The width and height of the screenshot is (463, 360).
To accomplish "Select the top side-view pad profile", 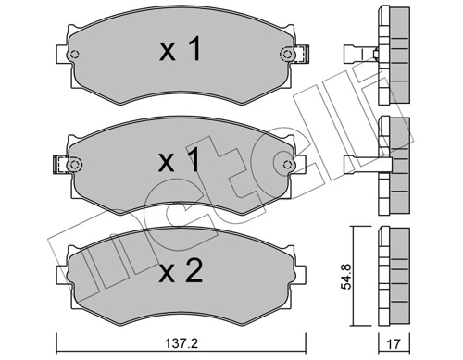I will (393, 51).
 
